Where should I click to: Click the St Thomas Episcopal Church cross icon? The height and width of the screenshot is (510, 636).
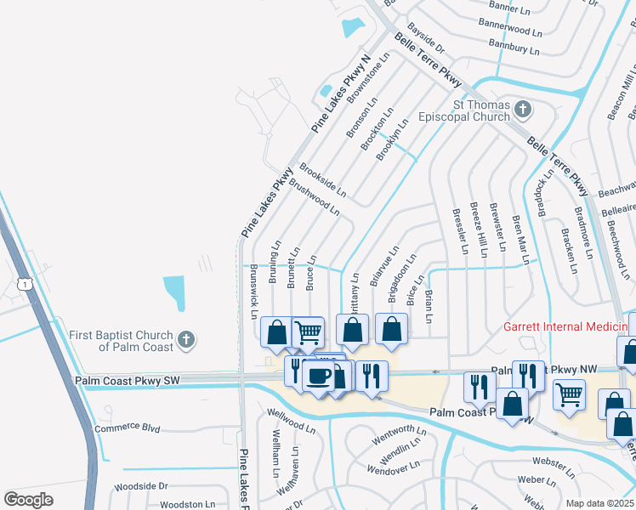(x=523, y=110)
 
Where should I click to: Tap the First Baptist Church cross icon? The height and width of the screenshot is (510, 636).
(x=187, y=341)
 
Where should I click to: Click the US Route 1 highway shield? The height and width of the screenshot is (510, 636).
(x=26, y=282)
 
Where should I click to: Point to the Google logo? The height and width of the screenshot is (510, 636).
(x=29, y=499)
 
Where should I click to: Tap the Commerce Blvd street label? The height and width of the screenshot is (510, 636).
(x=128, y=428)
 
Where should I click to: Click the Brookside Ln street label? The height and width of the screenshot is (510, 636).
(x=323, y=180)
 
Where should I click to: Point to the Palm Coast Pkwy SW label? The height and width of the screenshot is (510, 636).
(x=139, y=381)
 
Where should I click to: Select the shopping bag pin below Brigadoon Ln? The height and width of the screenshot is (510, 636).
(x=390, y=329)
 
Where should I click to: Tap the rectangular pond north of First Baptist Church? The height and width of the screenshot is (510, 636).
(x=174, y=293)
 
